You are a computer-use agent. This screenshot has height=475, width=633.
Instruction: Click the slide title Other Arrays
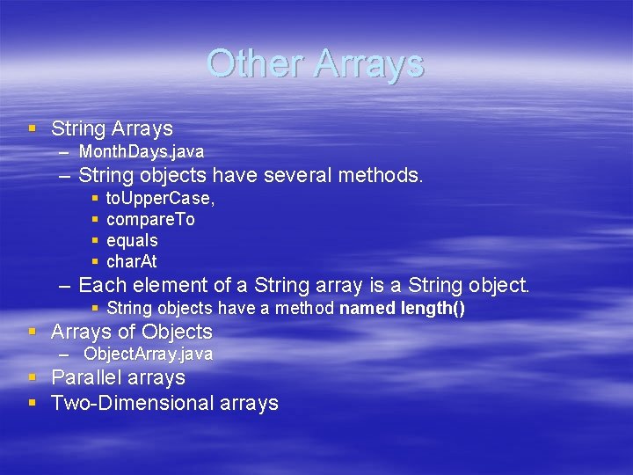316,63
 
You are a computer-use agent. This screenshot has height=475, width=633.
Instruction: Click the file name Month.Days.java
141,152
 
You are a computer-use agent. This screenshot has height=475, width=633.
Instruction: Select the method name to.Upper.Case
160,198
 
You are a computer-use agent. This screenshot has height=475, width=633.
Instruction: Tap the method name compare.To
150,219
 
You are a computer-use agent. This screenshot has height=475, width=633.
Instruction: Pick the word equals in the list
132,240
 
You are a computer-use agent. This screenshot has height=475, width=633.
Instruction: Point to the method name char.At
131,261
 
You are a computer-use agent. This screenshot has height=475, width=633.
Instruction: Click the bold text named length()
402,308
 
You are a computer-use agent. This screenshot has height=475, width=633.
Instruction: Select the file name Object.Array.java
148,354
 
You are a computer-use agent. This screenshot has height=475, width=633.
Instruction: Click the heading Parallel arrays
118,377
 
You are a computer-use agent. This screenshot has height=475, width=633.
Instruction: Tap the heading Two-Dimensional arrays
164,403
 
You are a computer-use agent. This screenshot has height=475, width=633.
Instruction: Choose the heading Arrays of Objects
132,332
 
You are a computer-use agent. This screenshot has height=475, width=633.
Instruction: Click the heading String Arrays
112,128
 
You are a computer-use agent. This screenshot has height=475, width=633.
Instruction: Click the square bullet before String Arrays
33,128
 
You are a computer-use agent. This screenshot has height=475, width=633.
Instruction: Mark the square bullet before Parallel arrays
33,377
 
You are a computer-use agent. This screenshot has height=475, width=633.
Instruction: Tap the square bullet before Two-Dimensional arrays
33,403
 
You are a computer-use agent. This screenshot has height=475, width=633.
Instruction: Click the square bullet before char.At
96,261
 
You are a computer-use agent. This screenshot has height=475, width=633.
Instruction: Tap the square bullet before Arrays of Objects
33,332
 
